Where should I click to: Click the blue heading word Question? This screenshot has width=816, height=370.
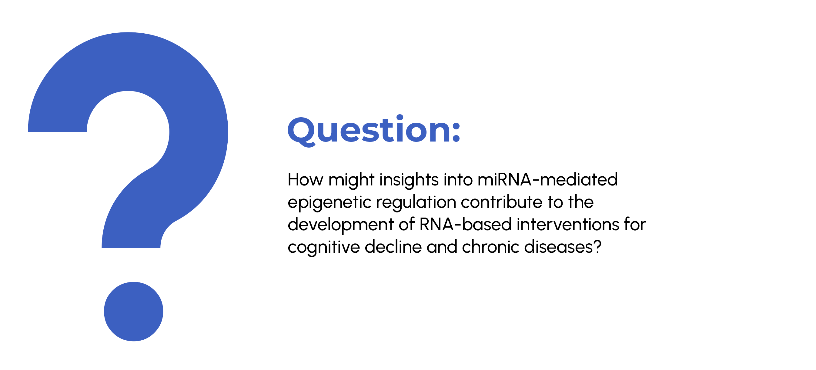click(369, 130)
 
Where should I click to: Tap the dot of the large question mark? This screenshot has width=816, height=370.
click(133, 312)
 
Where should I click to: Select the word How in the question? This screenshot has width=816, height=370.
click(305, 179)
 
